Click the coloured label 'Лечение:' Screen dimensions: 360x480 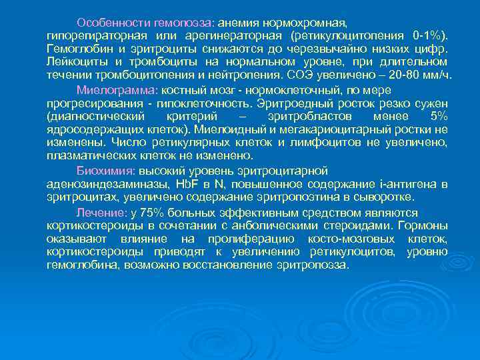[x=102, y=212]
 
